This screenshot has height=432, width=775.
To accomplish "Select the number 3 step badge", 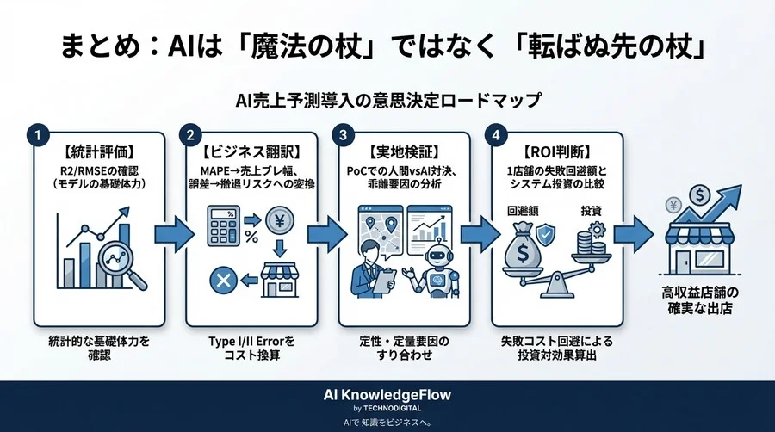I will tap(344, 135).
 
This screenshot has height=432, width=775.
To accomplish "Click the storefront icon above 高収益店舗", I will tap(697, 250).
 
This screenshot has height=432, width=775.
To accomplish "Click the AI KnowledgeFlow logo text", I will tap(387, 394).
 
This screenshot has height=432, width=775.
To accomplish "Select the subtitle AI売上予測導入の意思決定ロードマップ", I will tap(387, 101).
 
